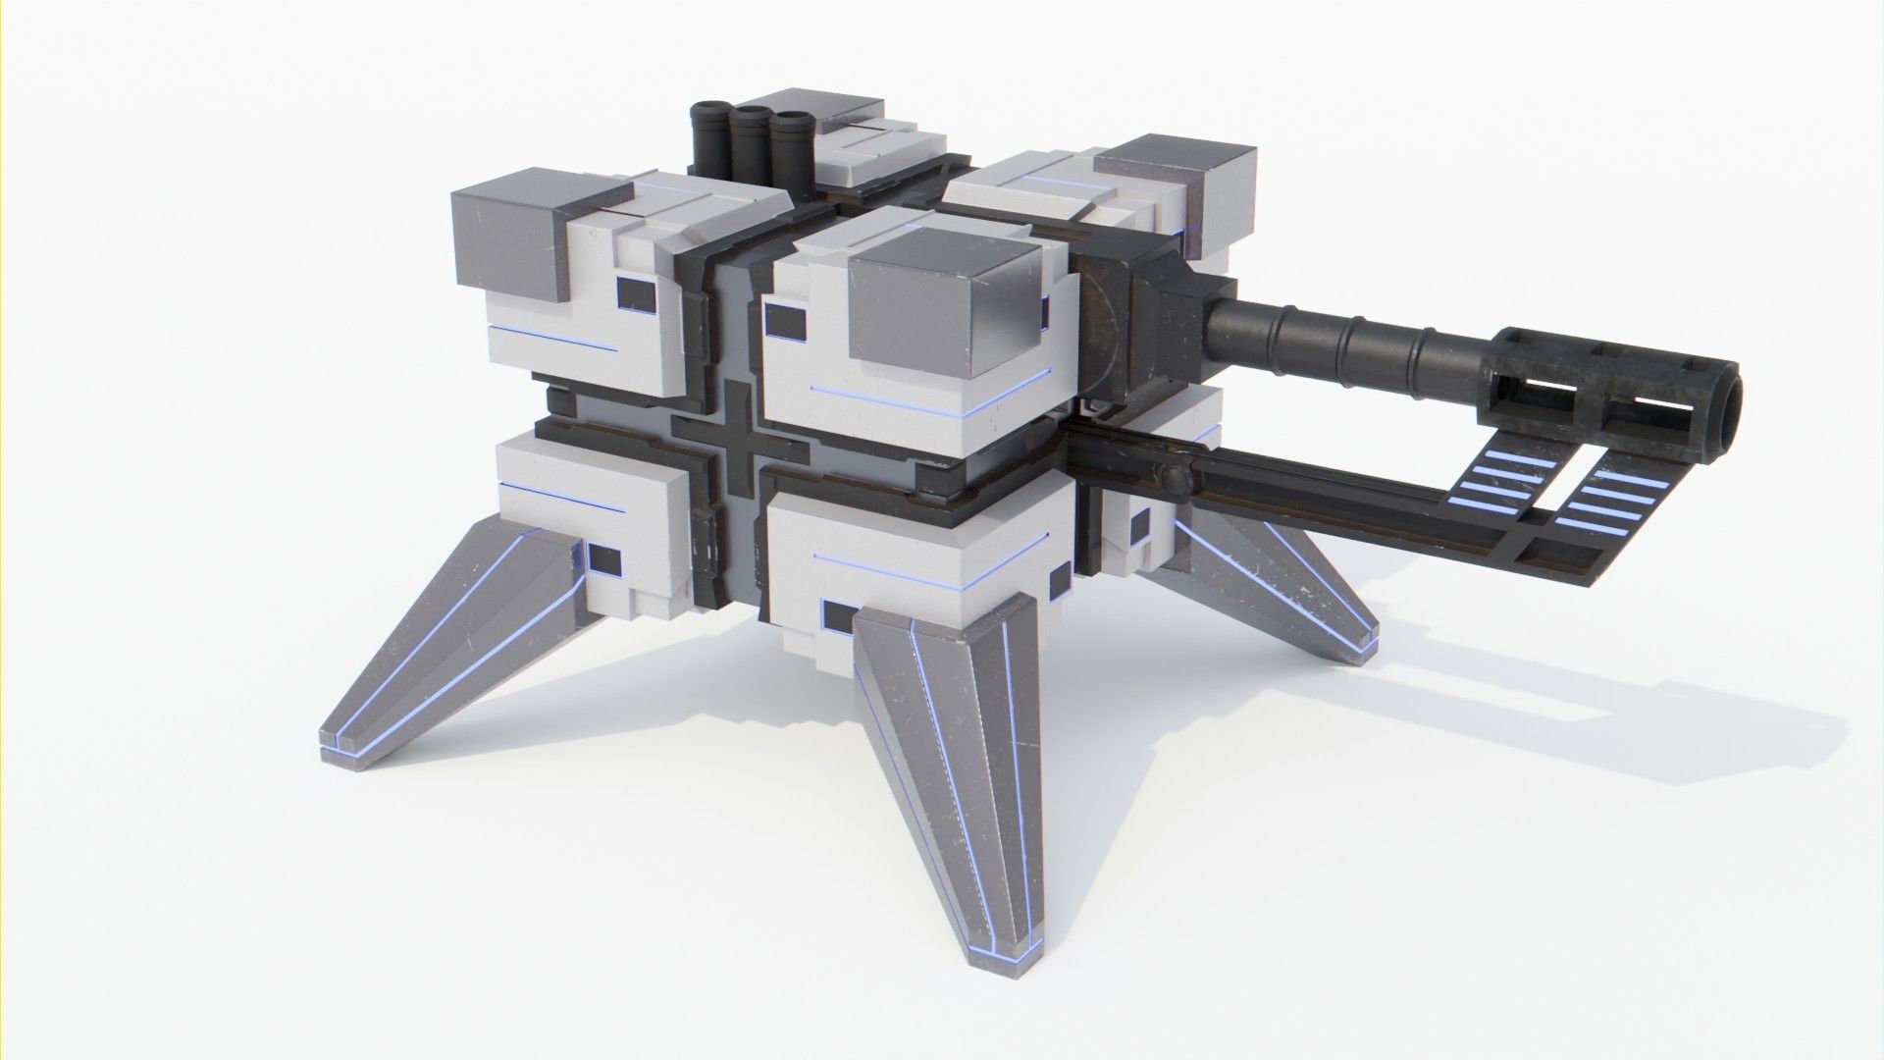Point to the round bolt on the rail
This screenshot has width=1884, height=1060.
point(1172,480)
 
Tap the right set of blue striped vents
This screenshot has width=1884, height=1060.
point(1610,502)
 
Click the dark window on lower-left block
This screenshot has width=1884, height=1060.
point(603,560)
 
